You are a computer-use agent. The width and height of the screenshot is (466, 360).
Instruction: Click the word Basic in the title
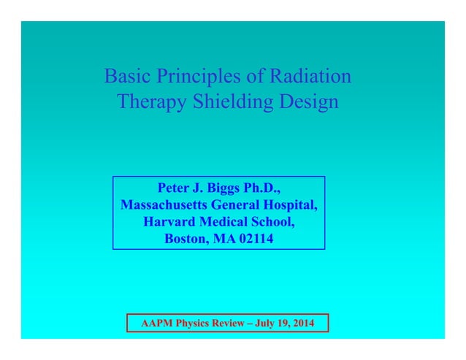click(125, 76)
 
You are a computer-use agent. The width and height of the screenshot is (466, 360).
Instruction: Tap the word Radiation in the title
click(311, 76)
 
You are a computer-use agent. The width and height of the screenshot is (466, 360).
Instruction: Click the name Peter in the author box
click(175, 188)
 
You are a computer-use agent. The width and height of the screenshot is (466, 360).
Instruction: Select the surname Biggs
click(225, 188)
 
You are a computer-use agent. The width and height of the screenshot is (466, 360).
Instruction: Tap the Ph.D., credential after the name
click(263, 188)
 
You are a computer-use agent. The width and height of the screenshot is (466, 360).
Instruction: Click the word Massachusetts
click(164, 204)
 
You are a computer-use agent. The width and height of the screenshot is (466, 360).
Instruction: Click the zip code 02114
click(255, 238)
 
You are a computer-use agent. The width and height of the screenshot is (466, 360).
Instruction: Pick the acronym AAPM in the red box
click(155, 323)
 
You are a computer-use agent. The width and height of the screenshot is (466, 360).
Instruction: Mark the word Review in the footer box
click(224, 323)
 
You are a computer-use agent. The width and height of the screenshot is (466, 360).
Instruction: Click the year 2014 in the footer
click(302, 323)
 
